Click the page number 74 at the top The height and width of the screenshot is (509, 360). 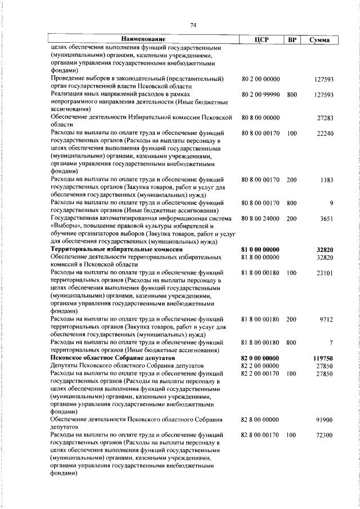(192, 25)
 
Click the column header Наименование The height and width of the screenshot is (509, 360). (143, 39)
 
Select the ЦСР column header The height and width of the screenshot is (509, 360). (262, 39)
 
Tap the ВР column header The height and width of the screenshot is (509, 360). (291, 39)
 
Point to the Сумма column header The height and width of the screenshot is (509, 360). (319, 39)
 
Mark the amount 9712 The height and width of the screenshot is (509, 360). (326, 319)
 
